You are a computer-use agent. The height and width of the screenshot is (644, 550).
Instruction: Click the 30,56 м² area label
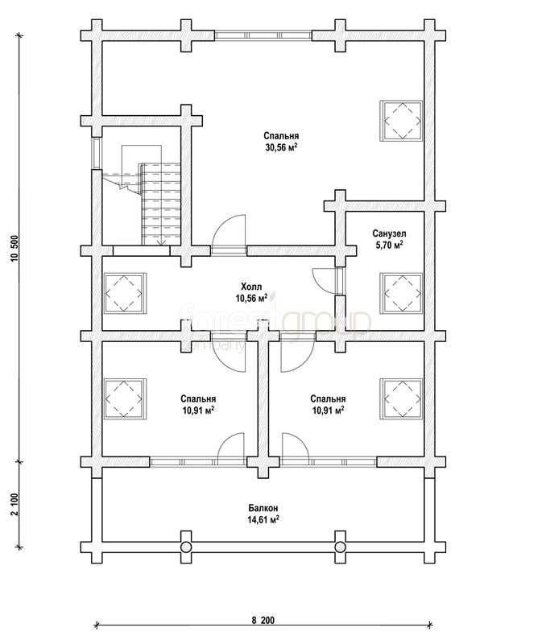point(281,147)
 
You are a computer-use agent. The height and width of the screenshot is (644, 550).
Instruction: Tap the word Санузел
point(390,233)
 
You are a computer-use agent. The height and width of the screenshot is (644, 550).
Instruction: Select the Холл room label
point(251,287)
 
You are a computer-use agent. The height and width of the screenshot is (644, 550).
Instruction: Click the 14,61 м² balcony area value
point(263,519)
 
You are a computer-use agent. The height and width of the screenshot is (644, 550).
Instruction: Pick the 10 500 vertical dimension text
point(15,248)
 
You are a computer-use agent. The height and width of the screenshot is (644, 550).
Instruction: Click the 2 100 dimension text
point(15,505)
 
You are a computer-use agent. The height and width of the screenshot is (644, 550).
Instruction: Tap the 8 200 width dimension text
point(263,620)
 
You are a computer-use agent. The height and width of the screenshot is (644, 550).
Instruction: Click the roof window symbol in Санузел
point(402,293)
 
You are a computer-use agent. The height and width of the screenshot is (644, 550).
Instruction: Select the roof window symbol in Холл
point(124,293)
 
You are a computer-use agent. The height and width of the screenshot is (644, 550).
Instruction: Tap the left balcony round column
point(186,547)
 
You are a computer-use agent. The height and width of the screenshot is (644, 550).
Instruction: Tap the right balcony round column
point(340,547)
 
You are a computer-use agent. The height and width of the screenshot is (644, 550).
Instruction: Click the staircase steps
point(161,204)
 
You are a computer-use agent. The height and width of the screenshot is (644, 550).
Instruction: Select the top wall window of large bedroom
point(263,35)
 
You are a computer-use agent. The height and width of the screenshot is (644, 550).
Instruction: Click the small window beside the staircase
point(97,154)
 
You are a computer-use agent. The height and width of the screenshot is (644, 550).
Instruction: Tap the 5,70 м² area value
point(390,246)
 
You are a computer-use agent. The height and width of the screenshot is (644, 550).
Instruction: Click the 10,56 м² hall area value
point(251,298)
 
